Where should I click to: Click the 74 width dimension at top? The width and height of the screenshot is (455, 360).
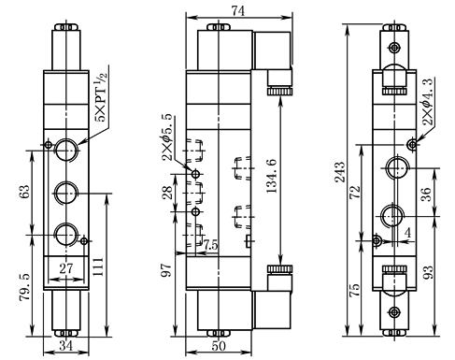tap(238, 10)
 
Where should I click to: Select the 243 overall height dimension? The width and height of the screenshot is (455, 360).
tap(340, 172)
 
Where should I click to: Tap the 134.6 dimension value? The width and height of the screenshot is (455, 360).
tap(271, 176)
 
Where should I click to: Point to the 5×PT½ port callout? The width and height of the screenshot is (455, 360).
tap(102, 97)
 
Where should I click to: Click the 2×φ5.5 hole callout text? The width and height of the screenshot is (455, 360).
tap(167, 137)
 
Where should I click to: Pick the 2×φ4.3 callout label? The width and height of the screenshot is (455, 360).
tap(429, 102)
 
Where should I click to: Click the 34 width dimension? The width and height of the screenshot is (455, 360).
tap(66, 346)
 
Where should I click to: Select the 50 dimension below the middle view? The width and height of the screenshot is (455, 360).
tap(219, 346)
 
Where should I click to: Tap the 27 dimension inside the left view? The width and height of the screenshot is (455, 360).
tap(66, 268)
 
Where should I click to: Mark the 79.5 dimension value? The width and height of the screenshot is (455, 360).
tap(25, 287)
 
